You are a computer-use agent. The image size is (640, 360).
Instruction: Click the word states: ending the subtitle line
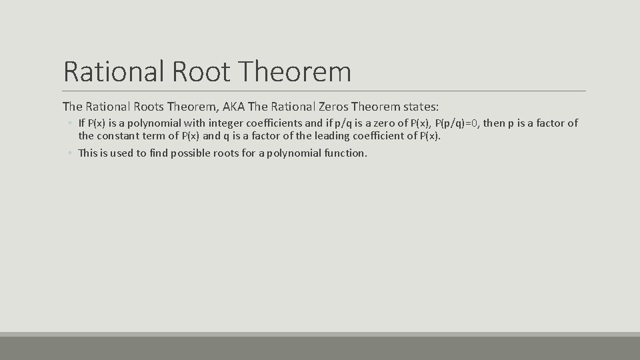point(419,106)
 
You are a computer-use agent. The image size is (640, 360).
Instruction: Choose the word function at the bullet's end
point(344,153)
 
